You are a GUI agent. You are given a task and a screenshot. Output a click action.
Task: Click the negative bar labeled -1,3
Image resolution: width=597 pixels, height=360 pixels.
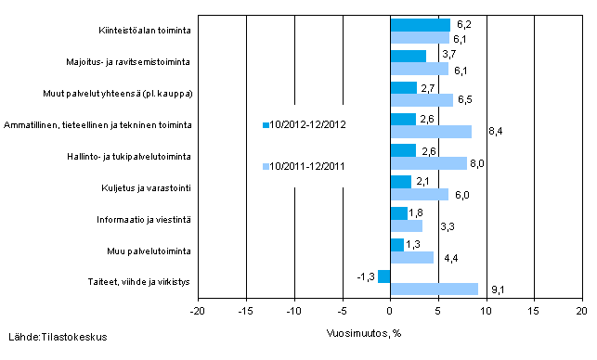pyautogui.click(x=384, y=276)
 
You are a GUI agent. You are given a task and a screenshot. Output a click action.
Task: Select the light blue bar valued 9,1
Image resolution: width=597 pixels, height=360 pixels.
pyautogui.click(x=434, y=289)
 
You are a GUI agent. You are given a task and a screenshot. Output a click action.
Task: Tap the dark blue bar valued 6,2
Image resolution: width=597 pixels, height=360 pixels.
pyautogui.click(x=420, y=25)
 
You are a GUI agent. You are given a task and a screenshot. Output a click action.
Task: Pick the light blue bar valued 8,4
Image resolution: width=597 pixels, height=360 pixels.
pyautogui.click(x=431, y=132)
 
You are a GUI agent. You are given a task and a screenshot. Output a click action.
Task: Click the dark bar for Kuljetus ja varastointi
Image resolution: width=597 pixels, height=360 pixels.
pyautogui.click(x=400, y=182)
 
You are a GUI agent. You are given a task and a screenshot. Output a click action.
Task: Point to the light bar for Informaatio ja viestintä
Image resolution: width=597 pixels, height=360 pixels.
pyautogui.click(x=406, y=225)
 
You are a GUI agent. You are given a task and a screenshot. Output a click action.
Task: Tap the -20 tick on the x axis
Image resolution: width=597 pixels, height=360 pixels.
pyautogui.click(x=198, y=312)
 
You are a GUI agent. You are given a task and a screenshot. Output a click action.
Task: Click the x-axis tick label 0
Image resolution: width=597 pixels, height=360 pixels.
pyautogui.click(x=390, y=312)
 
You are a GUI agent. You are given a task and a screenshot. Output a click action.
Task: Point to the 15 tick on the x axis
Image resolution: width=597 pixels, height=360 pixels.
pyautogui.click(x=534, y=312)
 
